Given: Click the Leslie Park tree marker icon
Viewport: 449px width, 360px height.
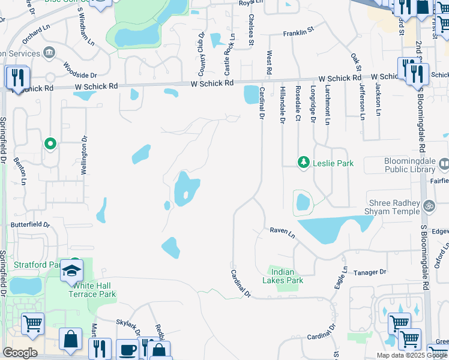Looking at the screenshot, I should click(x=304, y=163).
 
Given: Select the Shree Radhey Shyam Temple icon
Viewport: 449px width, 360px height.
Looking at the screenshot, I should click(x=429, y=206).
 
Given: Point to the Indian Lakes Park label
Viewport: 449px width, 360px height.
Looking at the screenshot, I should click(x=283, y=276).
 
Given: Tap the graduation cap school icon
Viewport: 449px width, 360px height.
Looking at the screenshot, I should click(x=71, y=270).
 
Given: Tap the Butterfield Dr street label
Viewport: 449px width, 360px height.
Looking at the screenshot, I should click(x=31, y=224).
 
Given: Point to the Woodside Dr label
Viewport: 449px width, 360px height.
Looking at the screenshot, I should click(x=79, y=75).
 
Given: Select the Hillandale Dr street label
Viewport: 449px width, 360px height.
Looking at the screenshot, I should click(x=282, y=106).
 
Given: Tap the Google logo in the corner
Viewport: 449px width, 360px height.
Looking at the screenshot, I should click(x=20, y=353).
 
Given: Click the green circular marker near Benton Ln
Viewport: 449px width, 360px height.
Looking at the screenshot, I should click(x=50, y=144).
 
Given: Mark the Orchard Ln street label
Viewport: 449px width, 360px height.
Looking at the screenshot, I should click(x=35, y=31).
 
